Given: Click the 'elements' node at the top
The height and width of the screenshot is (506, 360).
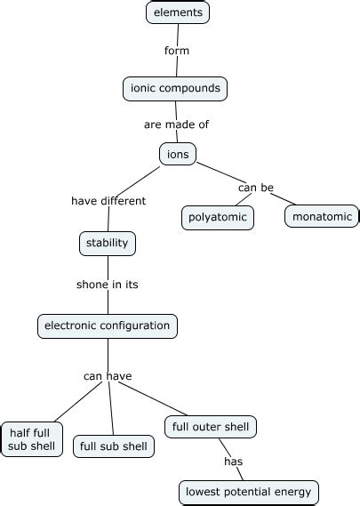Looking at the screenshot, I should pos(178,12).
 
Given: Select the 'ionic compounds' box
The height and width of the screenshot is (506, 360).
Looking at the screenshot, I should pos(175,88).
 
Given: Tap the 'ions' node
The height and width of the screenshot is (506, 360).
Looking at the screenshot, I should pos(178,154).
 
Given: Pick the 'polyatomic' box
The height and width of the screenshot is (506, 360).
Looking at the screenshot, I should pos(217,217).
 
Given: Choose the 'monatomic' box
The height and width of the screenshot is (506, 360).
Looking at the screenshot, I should pos(322,215).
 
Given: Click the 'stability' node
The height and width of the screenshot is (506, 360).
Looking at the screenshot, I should pos(108,243).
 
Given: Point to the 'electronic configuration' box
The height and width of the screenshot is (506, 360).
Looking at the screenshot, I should pos(108,325).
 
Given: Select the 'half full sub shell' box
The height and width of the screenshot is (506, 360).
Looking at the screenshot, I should pos(32,439).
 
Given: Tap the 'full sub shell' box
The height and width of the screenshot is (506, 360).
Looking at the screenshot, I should pos(114,446).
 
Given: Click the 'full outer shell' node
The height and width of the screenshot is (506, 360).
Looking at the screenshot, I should pos(211,427).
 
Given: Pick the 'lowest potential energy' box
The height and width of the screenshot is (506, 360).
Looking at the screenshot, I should pos(248,492).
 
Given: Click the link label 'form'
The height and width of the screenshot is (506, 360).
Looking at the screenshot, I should pos(177,51).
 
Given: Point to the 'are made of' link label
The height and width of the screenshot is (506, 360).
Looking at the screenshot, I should pos(176,124).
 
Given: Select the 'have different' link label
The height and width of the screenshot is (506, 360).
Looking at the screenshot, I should pos(108,201).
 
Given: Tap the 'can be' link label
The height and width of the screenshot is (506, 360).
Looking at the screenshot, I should pos(255,188).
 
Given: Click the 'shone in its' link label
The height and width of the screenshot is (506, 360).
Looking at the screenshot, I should pos(108,285).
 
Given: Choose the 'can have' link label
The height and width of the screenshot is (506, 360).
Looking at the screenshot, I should pos(108,376).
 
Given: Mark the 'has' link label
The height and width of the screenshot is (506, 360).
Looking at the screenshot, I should pos(233,462).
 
